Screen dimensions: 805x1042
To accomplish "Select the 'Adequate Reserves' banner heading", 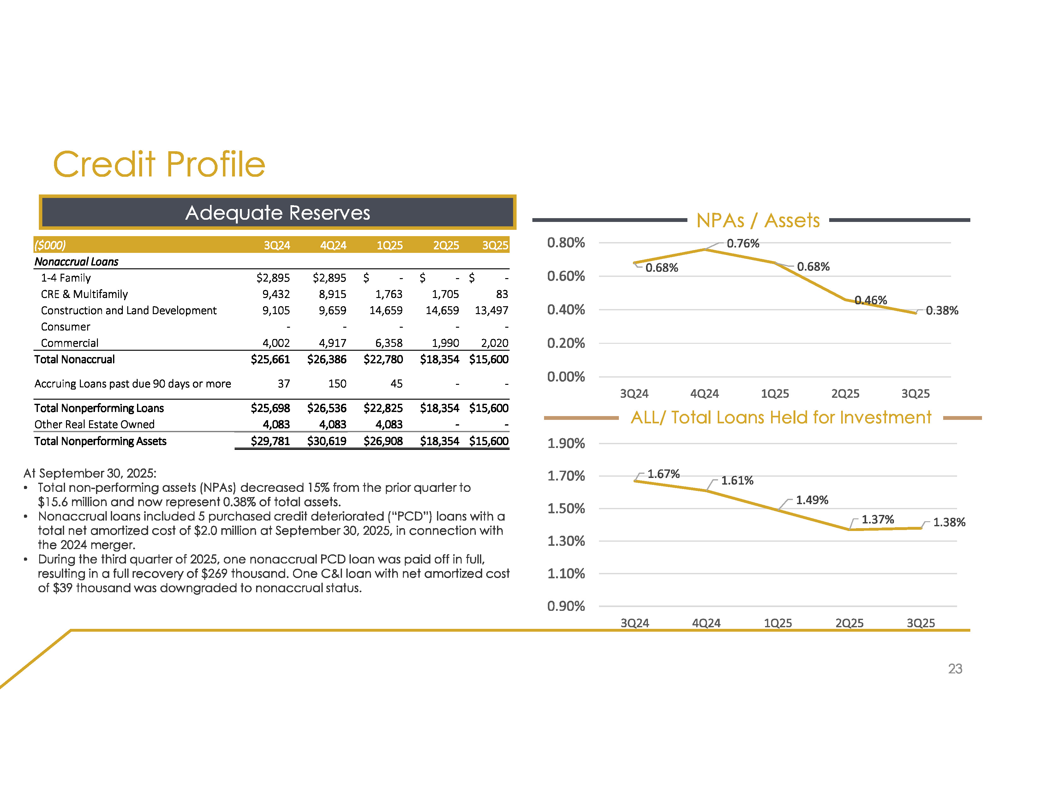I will pos(277,213).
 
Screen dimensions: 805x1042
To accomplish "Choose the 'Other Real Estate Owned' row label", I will pos(94,424).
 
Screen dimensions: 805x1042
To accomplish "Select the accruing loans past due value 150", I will pos(337,384).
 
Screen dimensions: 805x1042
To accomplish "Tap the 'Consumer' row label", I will pos(65,327).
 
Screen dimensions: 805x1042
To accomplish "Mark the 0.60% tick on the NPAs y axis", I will pos(566,276).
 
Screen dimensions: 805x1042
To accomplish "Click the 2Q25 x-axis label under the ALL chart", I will pos(849,623).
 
